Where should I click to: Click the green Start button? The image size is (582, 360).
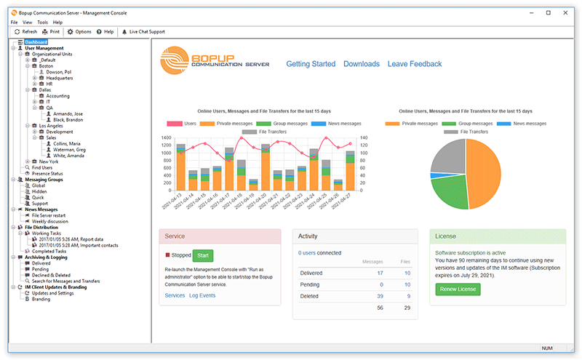(x=203, y=255)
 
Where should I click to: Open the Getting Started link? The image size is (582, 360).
(x=311, y=64)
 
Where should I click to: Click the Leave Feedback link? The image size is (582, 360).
(x=415, y=64)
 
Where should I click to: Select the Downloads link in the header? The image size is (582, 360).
(x=362, y=64)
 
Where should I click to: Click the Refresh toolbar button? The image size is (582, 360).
(x=25, y=32)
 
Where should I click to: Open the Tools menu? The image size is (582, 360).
(x=43, y=23)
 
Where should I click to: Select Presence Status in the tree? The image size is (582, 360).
(x=47, y=173)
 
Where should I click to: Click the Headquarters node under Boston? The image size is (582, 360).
(x=60, y=78)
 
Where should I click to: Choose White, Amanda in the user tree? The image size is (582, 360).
(x=70, y=155)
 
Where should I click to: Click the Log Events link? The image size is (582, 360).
(x=202, y=295)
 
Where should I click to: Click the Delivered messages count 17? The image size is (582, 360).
(x=380, y=273)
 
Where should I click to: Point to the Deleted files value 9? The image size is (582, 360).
(x=408, y=296)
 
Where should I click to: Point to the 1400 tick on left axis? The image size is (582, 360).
(x=165, y=138)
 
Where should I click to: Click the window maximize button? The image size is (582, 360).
(x=548, y=12)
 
